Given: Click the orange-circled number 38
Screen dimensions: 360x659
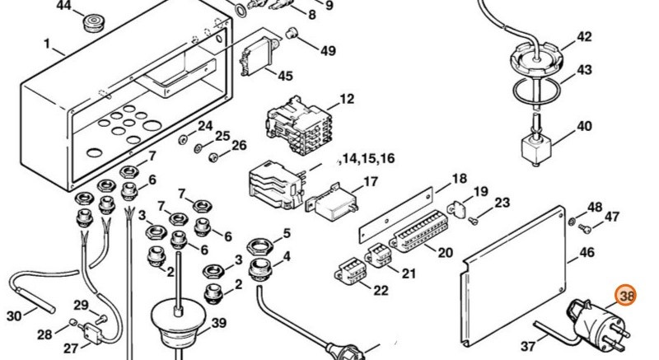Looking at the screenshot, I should [627, 295].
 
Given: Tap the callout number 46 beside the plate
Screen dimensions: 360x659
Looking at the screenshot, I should [587, 254].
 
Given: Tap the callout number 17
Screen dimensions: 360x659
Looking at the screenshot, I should [371, 182].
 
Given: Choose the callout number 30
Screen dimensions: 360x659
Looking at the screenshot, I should [14, 316].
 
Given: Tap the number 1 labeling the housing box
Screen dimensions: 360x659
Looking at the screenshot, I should [47, 43].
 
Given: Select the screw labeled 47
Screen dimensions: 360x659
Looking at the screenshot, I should [584, 228].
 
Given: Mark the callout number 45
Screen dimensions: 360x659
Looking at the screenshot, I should [285, 76].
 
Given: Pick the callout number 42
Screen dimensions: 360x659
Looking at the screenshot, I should [584, 37].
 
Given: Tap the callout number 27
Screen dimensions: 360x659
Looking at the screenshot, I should [70, 348].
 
